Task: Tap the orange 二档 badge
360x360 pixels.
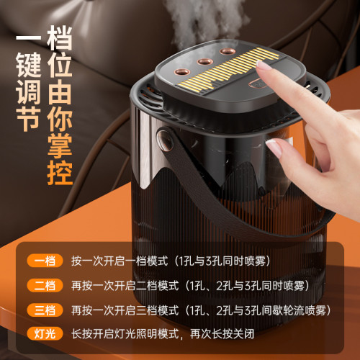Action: point(42,286)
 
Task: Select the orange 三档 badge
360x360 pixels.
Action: point(42,310)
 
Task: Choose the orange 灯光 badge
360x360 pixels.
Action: point(42,335)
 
